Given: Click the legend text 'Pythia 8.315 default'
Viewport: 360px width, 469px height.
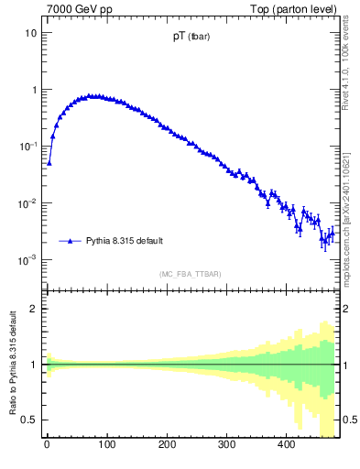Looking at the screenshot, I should coord(125,241).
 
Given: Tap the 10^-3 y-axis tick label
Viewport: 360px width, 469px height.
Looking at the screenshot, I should coord(29,259).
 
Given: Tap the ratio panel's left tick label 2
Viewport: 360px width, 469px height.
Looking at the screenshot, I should coord(35,309).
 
